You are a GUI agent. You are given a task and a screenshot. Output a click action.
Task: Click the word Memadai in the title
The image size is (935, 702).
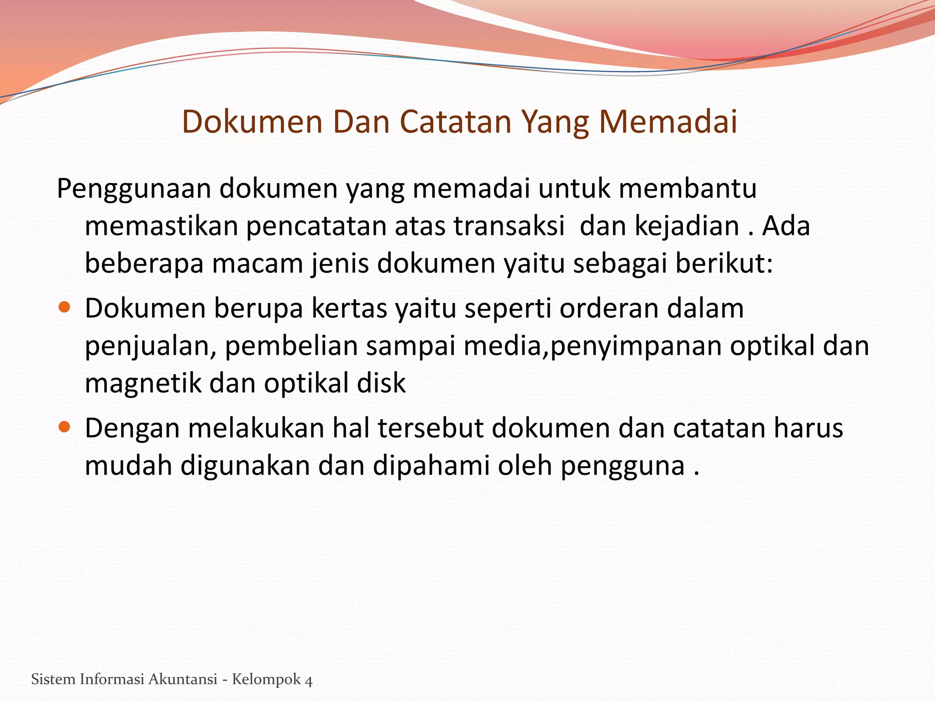(668, 122)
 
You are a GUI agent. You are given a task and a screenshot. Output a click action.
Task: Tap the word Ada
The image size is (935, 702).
(786, 226)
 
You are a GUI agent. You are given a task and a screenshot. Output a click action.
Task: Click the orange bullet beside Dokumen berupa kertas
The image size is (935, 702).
(65, 307)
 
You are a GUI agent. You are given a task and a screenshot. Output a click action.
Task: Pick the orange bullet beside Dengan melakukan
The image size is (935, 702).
(65, 427)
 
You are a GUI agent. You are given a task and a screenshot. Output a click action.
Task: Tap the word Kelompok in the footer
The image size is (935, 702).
(266, 679)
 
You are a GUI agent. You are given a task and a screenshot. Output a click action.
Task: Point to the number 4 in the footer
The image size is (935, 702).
(309, 680)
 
